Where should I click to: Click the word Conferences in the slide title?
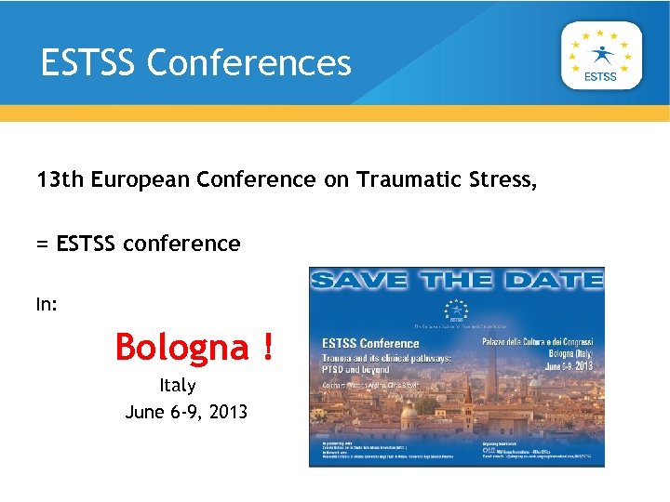248,63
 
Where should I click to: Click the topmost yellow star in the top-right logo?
601,31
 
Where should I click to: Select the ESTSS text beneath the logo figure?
600,77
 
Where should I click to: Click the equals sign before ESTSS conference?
42,244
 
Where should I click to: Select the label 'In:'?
47,304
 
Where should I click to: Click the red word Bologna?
182,348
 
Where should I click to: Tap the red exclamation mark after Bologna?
268,348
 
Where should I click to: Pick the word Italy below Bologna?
178,385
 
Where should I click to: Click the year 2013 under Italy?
229,411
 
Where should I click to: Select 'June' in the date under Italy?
144,411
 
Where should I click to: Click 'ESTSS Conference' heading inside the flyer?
369,342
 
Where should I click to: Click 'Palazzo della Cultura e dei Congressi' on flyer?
538,343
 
